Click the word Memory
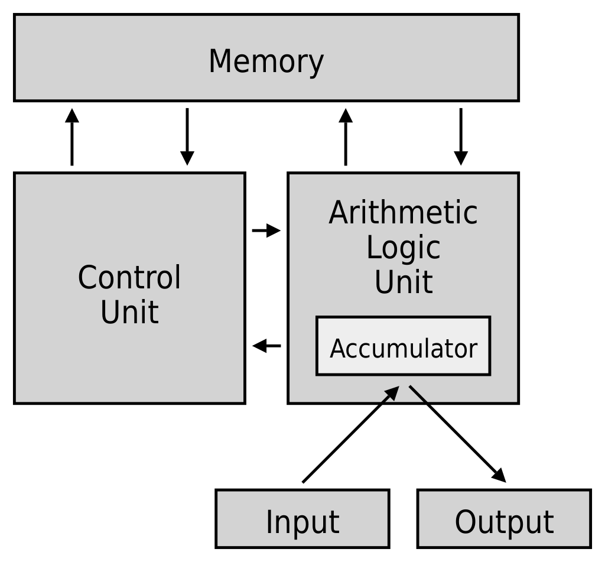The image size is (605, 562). click(266, 61)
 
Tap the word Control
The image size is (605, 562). click(129, 277)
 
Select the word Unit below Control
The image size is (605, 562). click(129, 312)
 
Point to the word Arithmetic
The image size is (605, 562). click(403, 213)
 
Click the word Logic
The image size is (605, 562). click(403, 248)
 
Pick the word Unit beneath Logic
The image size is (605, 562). click(403, 282)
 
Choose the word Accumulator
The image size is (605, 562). click(403, 349)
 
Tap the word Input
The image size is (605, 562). click(302, 522)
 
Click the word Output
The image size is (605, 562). click(504, 522)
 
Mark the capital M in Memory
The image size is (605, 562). click(221, 61)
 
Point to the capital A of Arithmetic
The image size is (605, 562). click(339, 213)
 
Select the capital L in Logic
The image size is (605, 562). click(372, 247)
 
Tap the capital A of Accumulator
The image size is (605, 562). click(337, 349)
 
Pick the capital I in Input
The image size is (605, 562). click(269, 521)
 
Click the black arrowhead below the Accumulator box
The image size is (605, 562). click(392, 392)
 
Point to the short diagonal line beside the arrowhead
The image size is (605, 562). click(418, 394)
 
